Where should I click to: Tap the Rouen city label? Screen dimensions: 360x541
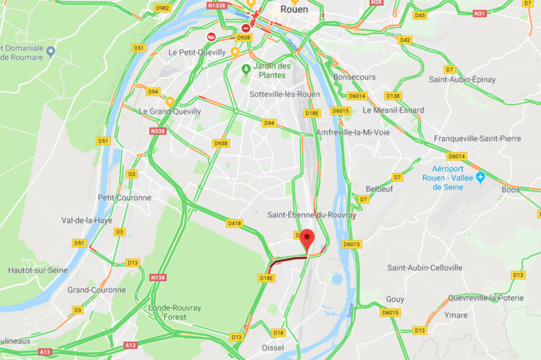[294, 10]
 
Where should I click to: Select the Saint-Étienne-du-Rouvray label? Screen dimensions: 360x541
[311, 214]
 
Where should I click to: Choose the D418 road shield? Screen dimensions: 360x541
[233, 224]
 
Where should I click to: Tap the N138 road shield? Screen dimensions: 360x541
[158, 277]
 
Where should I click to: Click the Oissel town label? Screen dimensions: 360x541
[272, 347]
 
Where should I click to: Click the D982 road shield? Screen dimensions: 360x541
[163, 8]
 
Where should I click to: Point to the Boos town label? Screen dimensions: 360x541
[510, 190]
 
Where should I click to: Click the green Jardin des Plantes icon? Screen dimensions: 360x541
[245, 68]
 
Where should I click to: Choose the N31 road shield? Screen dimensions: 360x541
[480, 14]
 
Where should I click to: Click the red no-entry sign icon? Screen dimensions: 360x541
[245, 29]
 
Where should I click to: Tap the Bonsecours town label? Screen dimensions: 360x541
[354, 76]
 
